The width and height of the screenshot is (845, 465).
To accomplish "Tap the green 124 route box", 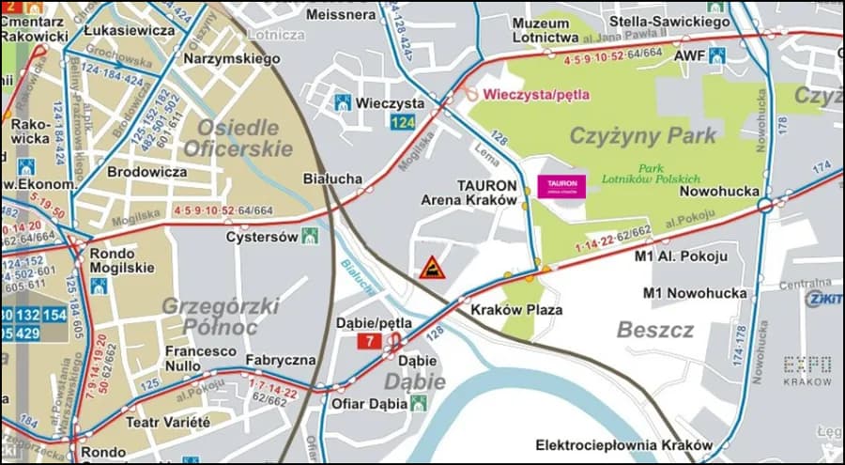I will (403, 123).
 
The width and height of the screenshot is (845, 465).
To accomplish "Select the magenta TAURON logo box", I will (561, 186).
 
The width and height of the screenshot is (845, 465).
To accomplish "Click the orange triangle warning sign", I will (432, 268).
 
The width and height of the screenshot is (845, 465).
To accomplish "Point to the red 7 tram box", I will (370, 340).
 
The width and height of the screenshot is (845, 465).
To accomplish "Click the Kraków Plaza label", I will (516, 309).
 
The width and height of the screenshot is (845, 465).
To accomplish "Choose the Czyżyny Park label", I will (643, 135).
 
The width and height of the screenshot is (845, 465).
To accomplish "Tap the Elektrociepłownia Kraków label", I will (624, 444).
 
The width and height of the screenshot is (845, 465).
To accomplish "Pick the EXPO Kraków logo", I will (807, 370).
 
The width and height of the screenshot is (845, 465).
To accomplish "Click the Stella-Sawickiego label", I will (669, 20).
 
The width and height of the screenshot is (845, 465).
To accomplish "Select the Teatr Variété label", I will (168, 422).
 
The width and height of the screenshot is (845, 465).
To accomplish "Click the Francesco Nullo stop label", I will (201, 358).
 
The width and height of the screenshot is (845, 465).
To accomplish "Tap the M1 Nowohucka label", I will (696, 293).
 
